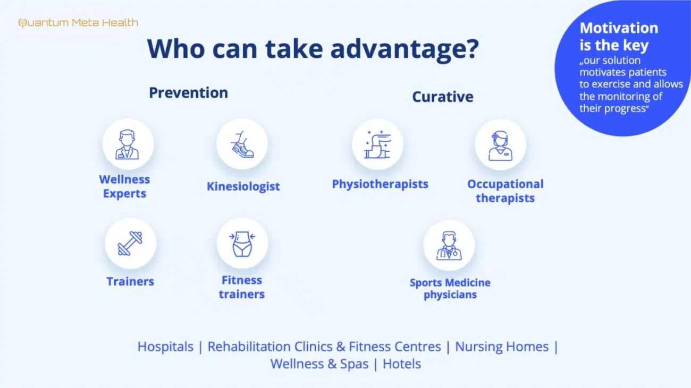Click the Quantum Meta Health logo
coord(78,23)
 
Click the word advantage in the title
coord(405,49)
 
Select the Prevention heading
coord(189,93)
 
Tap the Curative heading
coord(443,97)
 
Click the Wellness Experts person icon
coord(127,144)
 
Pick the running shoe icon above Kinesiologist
coord(242,144)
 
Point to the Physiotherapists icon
coord(377,144)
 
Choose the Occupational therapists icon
coord(500,145)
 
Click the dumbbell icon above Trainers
coord(130,243)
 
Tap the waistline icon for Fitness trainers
coord(242,244)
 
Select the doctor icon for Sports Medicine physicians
coord(449,245)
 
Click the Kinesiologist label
coord(243,187)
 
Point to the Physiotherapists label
coord(380,184)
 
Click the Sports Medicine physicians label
coord(450,289)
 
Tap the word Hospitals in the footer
coord(165,347)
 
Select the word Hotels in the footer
coord(402,364)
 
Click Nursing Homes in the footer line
coord(502,347)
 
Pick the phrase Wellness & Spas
coord(319,364)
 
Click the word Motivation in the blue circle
coord(619,28)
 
